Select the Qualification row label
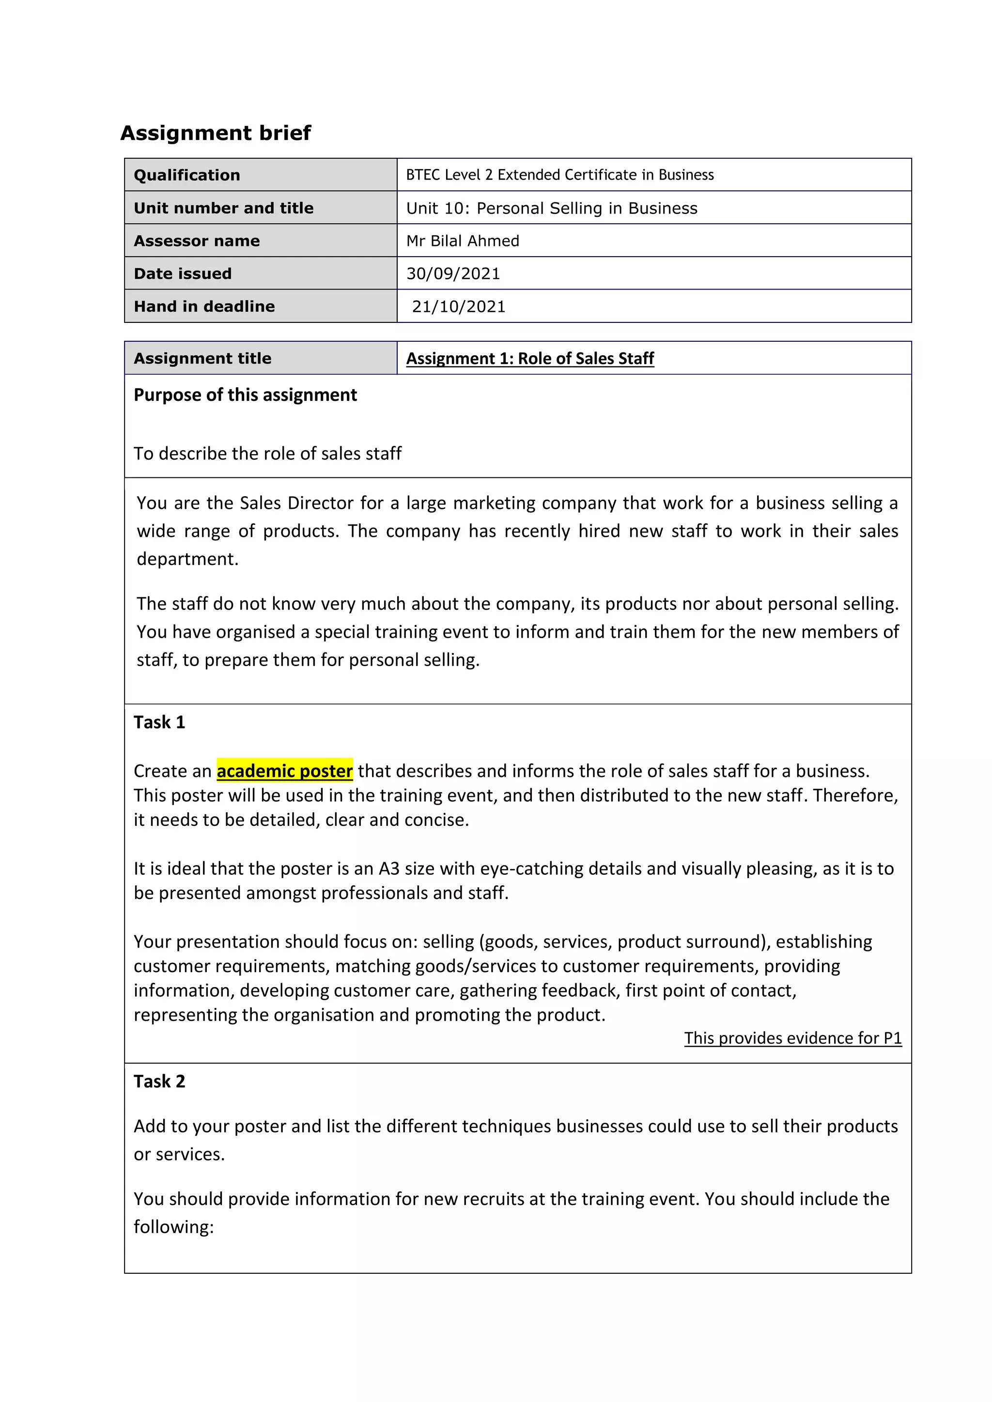click(187, 175)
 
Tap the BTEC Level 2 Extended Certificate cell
click(559, 175)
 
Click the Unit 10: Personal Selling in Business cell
click(552, 208)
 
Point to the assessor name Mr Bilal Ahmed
click(463, 241)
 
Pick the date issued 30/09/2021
click(453, 274)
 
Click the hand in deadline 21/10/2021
click(459, 306)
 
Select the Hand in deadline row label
click(204, 306)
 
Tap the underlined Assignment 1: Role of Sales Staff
click(529, 358)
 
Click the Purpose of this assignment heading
click(245, 395)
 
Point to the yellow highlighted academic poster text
click(285, 771)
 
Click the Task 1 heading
click(159, 722)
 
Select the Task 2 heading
click(159, 1082)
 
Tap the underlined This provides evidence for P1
click(792, 1038)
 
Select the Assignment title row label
click(202, 358)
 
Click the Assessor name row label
click(197, 241)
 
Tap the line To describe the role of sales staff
click(267, 454)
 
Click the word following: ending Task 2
click(174, 1227)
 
